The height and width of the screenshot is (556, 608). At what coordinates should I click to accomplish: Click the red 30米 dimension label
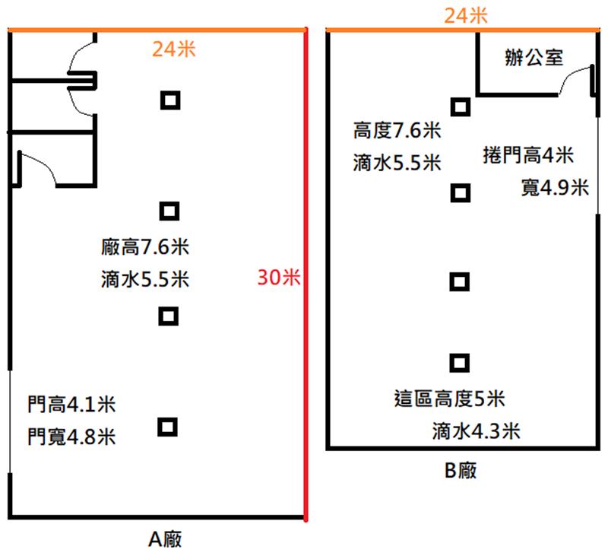(279, 278)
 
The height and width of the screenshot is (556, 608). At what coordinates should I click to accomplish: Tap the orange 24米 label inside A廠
(174, 49)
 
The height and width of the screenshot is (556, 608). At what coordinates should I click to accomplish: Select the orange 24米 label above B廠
(465, 16)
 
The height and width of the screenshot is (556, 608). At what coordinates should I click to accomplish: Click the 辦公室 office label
(534, 57)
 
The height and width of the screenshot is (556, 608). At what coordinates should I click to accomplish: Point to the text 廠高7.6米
(145, 246)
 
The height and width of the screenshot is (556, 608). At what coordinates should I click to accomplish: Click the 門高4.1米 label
(71, 405)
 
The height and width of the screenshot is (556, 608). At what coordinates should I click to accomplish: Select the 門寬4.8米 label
(71, 437)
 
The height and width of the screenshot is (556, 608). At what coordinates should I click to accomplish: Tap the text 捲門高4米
(528, 155)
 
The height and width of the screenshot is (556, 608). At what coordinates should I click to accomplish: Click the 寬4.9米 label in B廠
(555, 188)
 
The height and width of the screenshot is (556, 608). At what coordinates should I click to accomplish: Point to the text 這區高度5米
(449, 399)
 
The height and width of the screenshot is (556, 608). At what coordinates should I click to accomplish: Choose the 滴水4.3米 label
(477, 431)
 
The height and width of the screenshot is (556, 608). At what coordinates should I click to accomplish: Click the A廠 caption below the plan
(165, 539)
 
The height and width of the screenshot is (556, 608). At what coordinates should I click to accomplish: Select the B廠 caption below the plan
(461, 470)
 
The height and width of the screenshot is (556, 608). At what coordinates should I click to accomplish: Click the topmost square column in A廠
(170, 100)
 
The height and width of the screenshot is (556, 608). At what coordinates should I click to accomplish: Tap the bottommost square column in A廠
(167, 427)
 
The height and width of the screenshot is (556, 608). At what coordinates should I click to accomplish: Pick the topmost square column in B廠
(461, 106)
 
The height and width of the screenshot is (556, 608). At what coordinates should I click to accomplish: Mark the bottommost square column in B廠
(460, 363)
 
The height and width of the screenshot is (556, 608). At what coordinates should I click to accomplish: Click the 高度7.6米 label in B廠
(397, 130)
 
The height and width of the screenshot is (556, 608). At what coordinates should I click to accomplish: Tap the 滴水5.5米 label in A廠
(145, 279)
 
